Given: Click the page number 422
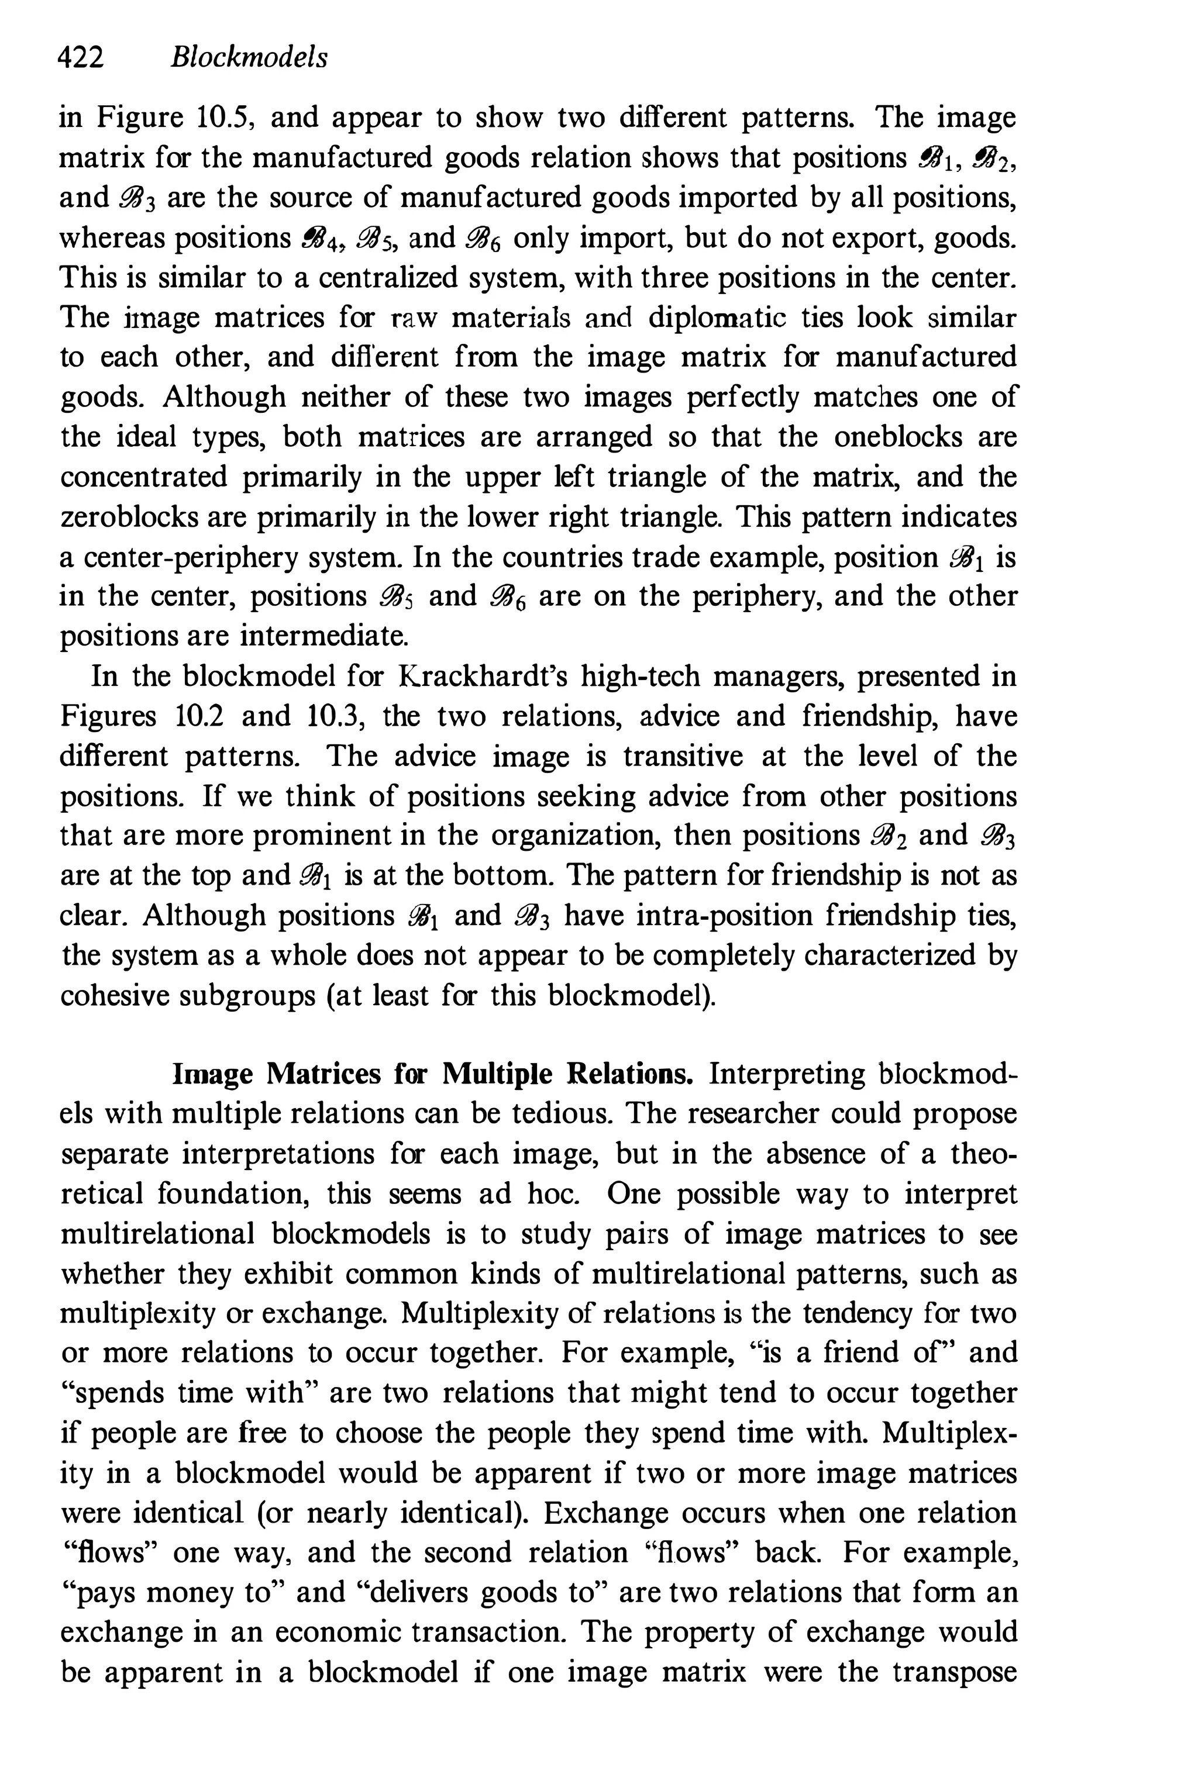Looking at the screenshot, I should point(81,58).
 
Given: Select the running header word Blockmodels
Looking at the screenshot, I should point(249,58).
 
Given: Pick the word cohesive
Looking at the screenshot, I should point(113,995).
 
